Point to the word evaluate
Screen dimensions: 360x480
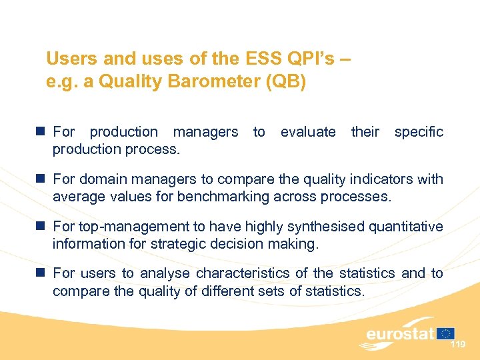308,132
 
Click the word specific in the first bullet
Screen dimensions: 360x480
418,132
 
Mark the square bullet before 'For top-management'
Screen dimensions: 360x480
41,227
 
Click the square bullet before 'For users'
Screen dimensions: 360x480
41,273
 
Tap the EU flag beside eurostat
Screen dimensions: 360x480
447,333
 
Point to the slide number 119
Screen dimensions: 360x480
457,345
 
